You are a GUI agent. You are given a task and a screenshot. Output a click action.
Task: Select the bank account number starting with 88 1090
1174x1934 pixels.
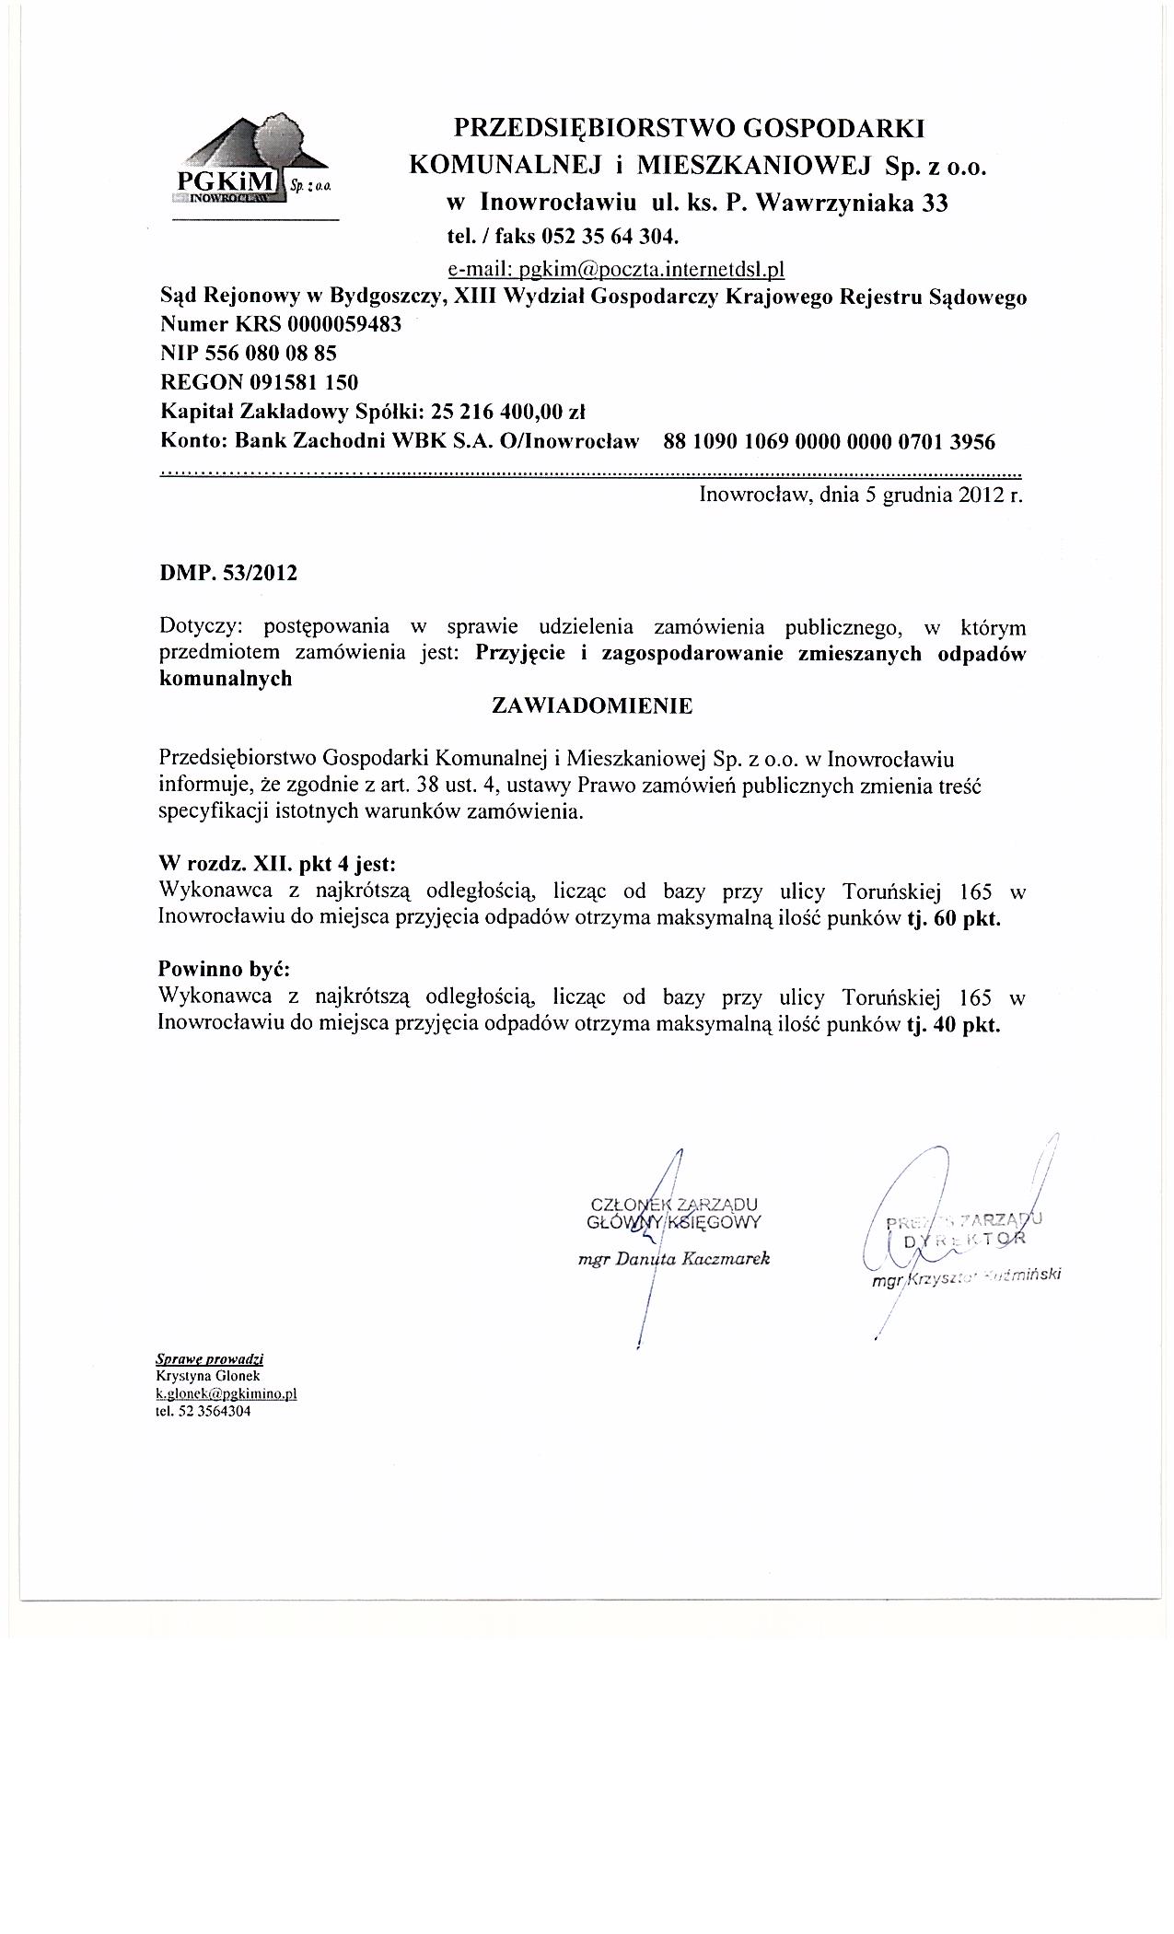tap(829, 442)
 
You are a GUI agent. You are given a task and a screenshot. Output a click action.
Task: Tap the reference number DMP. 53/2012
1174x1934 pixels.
tap(228, 573)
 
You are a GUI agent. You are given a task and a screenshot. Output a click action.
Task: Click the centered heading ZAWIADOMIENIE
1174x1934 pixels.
tap(593, 706)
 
